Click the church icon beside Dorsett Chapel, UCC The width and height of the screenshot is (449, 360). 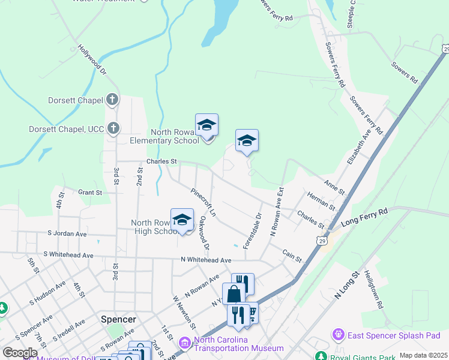tap(112, 128)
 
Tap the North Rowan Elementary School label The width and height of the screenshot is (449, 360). tap(165, 137)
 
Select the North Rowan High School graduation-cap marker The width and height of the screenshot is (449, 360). tap(182, 220)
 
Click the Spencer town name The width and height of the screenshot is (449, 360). tap(118, 320)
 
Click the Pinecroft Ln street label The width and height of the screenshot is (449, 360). tap(203, 202)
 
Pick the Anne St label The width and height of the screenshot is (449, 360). tap(334, 188)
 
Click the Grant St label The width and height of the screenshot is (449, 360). tap(90, 193)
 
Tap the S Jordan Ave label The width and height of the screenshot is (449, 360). tap(67, 234)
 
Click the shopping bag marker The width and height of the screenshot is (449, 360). tap(234, 293)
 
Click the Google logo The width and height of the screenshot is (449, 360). tap(20, 353)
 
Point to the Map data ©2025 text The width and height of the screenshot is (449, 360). tap(423, 355)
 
